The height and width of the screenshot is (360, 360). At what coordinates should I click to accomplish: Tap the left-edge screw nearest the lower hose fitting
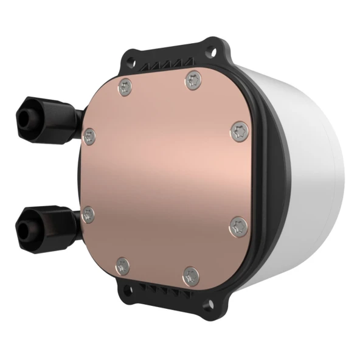[89, 213]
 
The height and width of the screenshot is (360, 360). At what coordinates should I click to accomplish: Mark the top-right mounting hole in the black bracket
[213, 46]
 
